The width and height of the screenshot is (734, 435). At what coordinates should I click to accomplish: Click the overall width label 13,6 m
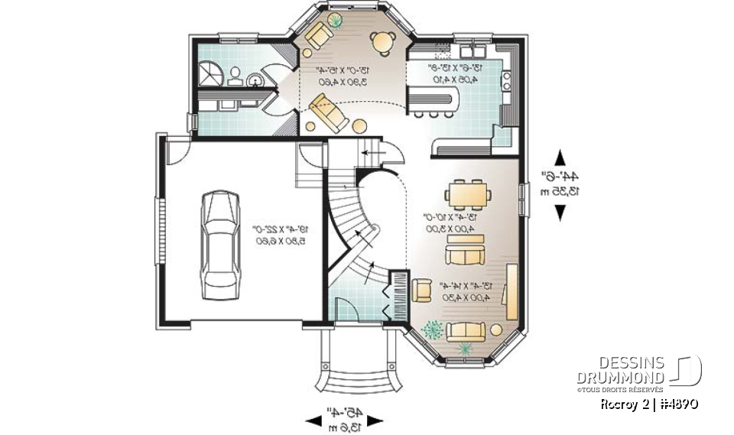(x=343, y=427)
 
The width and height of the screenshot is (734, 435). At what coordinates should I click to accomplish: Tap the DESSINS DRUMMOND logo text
(x=620, y=370)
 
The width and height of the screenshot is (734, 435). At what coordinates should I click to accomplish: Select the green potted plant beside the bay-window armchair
(x=432, y=329)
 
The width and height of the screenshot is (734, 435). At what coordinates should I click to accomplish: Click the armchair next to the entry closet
(x=421, y=290)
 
